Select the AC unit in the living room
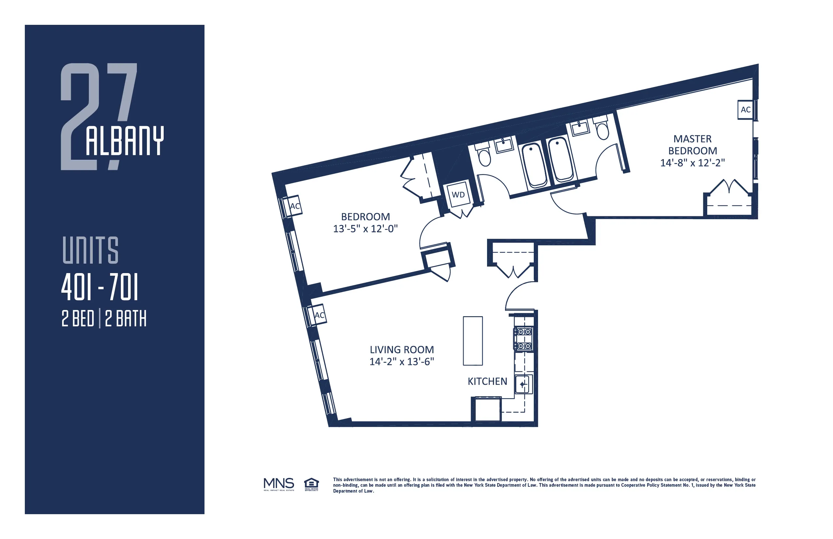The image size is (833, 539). pos(318,315)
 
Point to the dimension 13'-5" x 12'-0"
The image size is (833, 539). pos(366,229)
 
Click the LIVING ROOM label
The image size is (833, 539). pos(402,350)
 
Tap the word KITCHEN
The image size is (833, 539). pos(487,382)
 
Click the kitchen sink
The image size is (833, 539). pos(523,384)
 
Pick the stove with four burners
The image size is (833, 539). pos(523,339)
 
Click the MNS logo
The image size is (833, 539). pos(279,484)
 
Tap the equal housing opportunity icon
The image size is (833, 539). pos(311,484)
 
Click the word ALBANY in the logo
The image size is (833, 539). pos(124,141)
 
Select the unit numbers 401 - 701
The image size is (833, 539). pos(100,287)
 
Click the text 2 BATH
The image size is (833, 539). pos(126,319)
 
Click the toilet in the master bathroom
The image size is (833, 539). pos(602,129)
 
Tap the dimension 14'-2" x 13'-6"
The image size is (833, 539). pos(402,362)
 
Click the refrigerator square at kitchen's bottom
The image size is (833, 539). pos(487,410)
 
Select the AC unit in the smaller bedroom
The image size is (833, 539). pos(294,206)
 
